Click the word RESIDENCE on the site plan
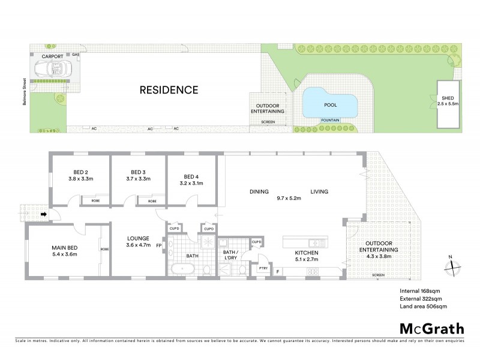click(x=169, y=91)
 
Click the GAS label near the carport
click(x=76, y=55)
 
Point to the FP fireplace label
click(x=159, y=245)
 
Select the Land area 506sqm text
click(x=424, y=307)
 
